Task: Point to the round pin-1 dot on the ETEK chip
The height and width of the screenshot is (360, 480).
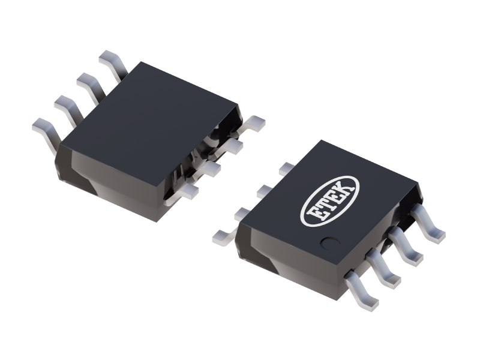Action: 328,243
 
